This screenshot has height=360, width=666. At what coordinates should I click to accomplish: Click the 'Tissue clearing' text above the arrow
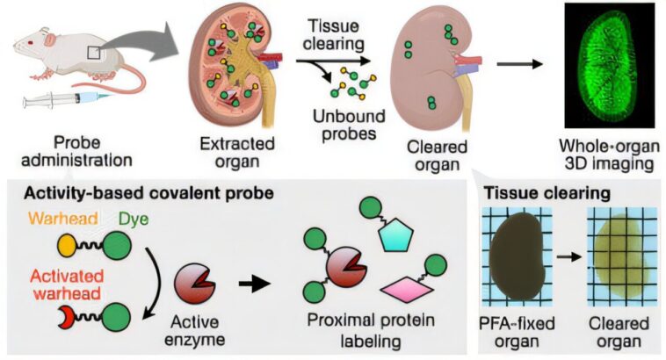click(x=335, y=35)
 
